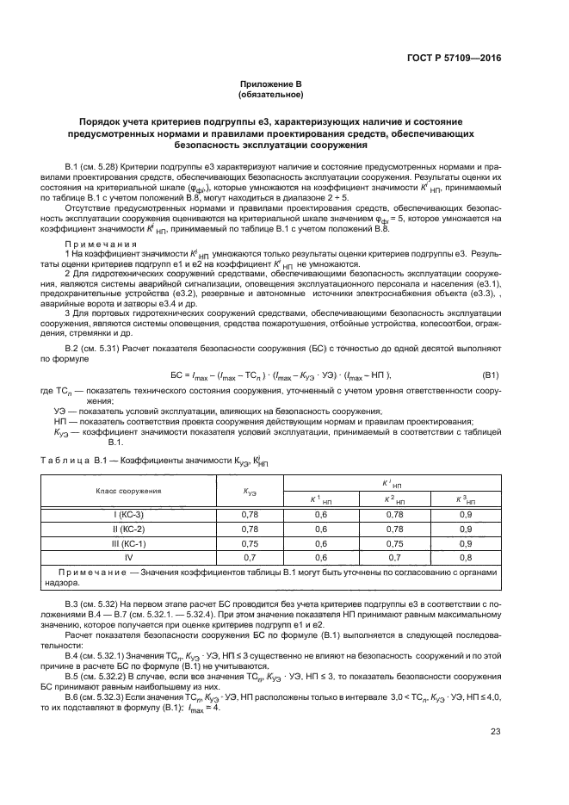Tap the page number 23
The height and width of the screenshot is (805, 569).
coord(496,756)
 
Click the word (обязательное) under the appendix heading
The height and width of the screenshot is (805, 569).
coord(284,96)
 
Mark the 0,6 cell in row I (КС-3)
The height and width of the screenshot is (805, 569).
coord(320,514)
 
